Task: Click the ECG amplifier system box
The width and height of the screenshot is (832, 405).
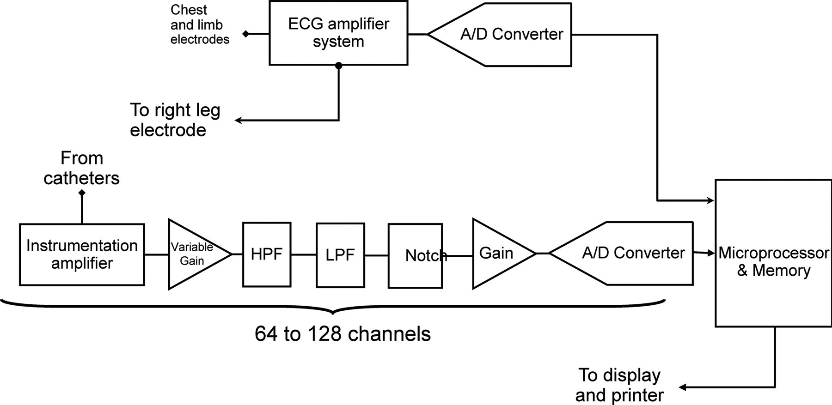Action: [x=338, y=33]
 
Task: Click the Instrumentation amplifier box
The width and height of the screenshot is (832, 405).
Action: [x=82, y=254]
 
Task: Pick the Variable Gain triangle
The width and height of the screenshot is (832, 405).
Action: [x=194, y=254]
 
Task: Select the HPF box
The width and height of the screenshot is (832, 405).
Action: [x=267, y=254]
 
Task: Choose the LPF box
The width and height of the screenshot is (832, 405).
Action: [x=340, y=255]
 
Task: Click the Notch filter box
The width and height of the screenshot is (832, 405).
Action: [x=415, y=255]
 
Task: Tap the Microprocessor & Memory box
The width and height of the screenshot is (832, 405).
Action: [x=773, y=253]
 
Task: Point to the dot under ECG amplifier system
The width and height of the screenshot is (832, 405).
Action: [x=339, y=66]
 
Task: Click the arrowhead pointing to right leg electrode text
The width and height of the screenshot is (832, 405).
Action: [x=239, y=121]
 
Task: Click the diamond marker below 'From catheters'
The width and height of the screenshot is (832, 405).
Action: [x=82, y=193]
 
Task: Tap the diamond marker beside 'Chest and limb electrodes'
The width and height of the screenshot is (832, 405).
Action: [x=246, y=34]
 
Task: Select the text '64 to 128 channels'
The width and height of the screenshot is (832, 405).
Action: [x=343, y=334]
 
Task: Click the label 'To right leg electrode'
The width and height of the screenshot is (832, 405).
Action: [x=175, y=120]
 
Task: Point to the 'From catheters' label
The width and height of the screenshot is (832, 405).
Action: [x=82, y=168]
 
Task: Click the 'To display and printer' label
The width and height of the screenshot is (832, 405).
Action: [x=619, y=385]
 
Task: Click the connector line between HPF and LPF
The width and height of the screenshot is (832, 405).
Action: [x=304, y=254]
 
